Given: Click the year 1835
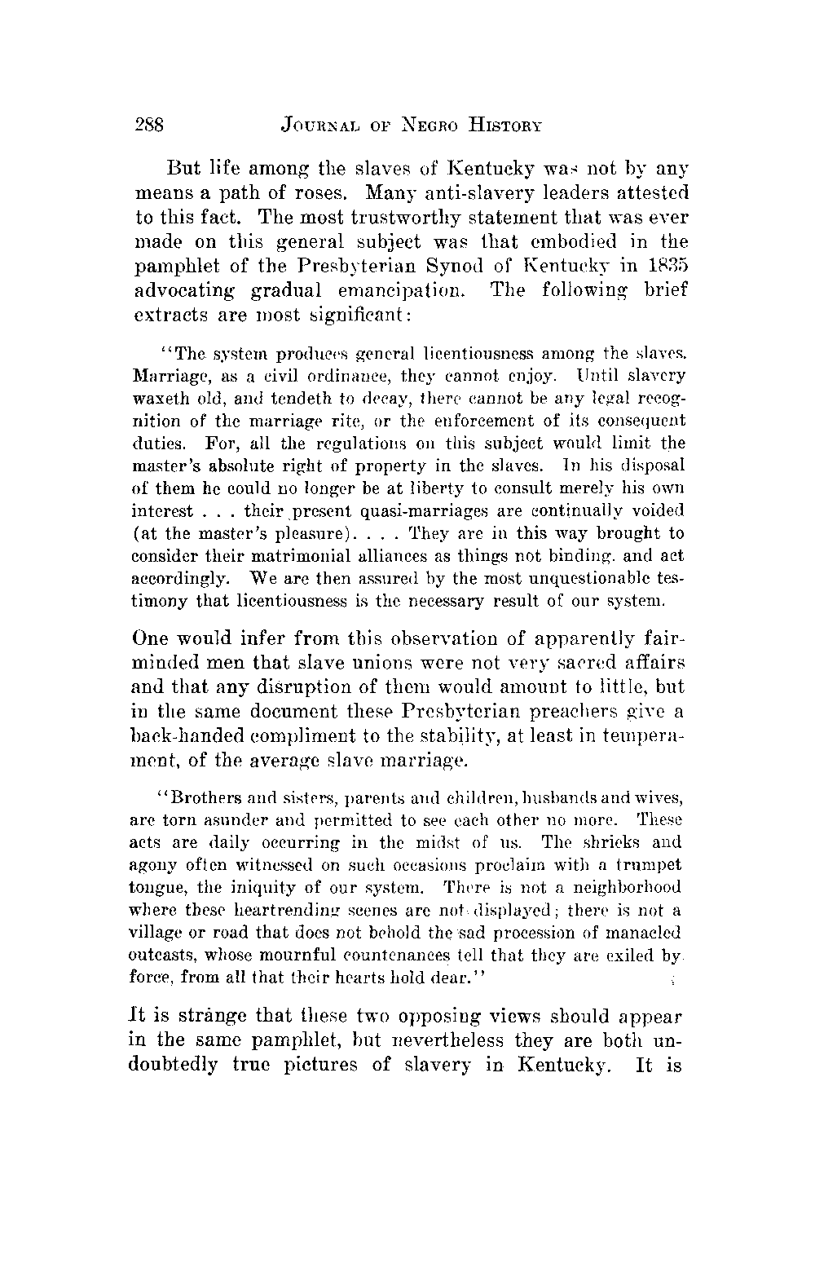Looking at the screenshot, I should coord(667,267).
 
